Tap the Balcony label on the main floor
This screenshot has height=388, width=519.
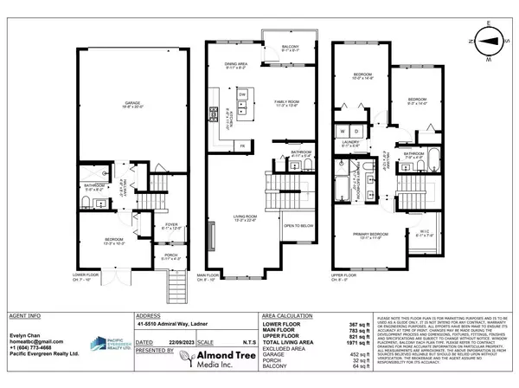[x=279, y=48]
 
